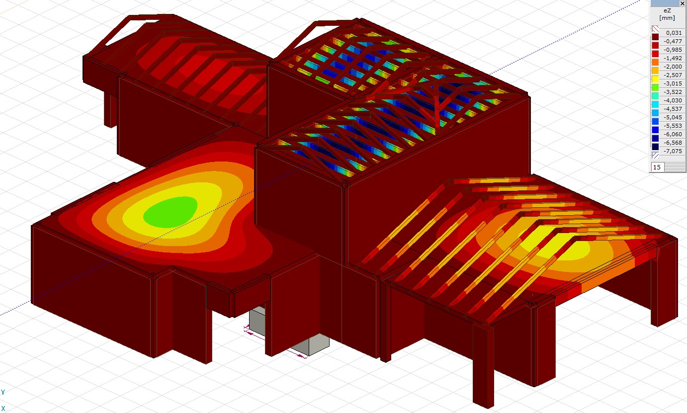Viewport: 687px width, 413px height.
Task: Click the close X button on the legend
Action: (x=683, y=3)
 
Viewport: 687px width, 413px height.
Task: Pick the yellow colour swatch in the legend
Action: (x=655, y=80)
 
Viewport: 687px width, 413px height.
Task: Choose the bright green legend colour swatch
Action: (x=655, y=88)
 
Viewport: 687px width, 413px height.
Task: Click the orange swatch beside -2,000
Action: (x=655, y=63)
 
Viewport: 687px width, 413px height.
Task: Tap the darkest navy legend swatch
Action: (x=655, y=147)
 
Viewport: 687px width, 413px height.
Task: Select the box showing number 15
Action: (x=657, y=167)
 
